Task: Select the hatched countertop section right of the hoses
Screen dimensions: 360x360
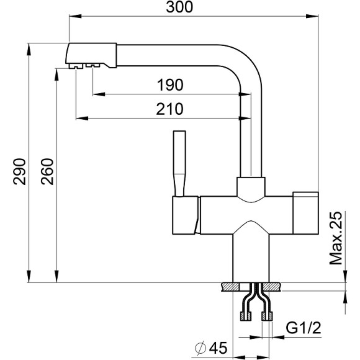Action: pos(274,287)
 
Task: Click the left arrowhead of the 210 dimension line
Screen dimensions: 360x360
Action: pos(78,117)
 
